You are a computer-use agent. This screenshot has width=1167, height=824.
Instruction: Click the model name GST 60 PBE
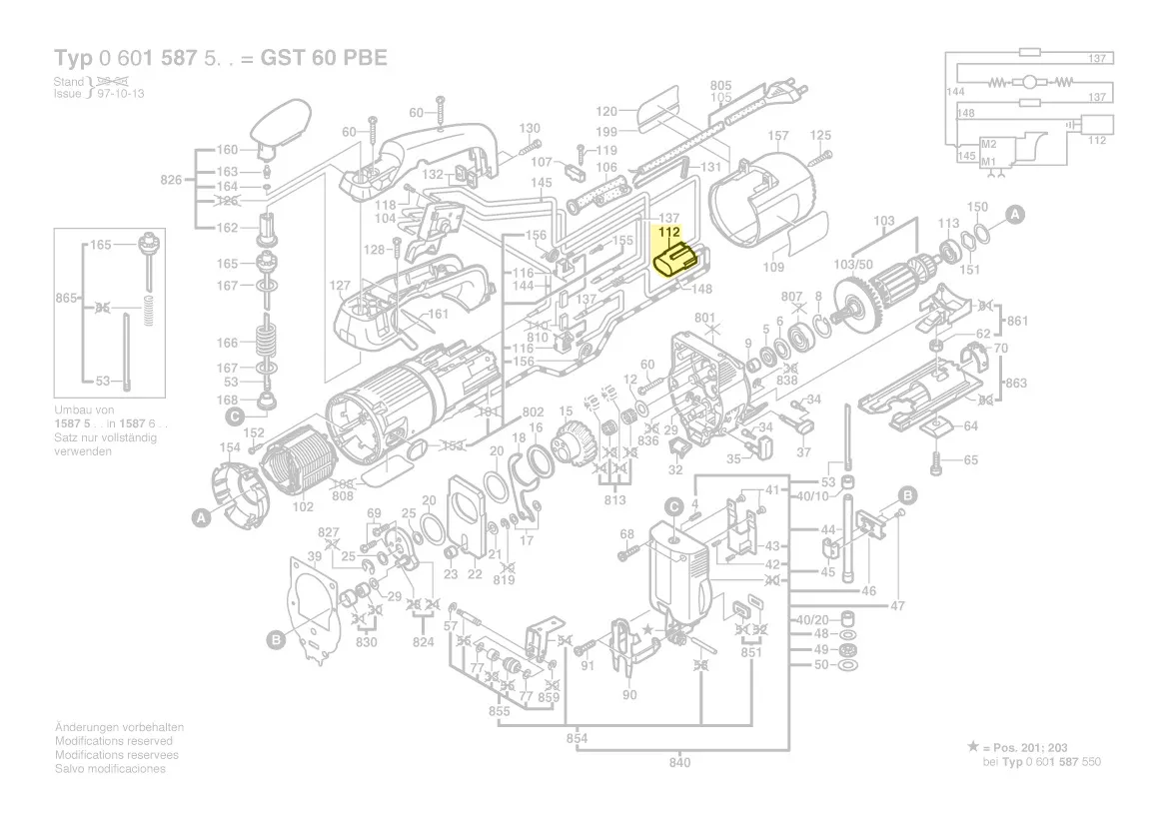click(324, 57)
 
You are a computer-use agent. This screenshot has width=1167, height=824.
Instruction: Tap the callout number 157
click(778, 136)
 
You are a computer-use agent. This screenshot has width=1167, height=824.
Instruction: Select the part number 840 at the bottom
click(679, 763)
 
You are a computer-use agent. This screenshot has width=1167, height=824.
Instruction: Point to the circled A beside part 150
click(1013, 214)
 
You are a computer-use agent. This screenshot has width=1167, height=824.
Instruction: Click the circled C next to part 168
click(234, 415)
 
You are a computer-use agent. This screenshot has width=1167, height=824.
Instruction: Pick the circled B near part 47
click(908, 495)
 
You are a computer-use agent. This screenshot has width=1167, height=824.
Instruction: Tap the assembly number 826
click(171, 180)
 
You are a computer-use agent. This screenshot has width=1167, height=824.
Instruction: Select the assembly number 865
click(67, 299)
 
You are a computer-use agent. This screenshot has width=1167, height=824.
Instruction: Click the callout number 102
click(303, 506)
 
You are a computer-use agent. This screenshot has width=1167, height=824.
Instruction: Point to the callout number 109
click(773, 267)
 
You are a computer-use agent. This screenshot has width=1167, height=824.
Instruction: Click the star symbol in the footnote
click(973, 747)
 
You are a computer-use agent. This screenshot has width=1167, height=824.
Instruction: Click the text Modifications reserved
click(113, 741)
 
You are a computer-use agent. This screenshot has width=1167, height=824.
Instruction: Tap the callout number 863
click(1016, 383)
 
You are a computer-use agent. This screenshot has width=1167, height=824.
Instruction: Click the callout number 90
click(629, 695)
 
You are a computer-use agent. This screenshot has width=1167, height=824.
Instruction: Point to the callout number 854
click(578, 739)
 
